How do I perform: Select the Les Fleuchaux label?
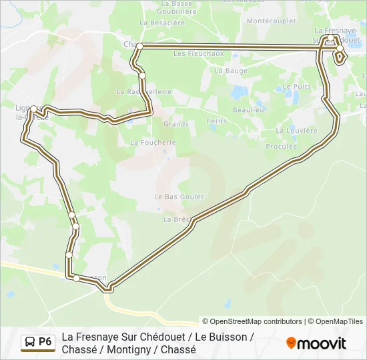click(189, 53)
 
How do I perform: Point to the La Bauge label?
click(227, 70)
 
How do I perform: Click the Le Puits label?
click(296, 86)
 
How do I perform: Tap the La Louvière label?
click(296, 131)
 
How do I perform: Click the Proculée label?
click(281, 146)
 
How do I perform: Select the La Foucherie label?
click(153, 142)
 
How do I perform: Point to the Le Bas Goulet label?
click(179, 197)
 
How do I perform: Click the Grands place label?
click(176, 124)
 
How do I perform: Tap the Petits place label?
click(217, 121)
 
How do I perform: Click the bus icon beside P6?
click(30, 343)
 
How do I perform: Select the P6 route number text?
click(45, 342)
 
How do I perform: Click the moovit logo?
click(316, 343)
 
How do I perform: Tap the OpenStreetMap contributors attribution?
click(252, 321)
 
